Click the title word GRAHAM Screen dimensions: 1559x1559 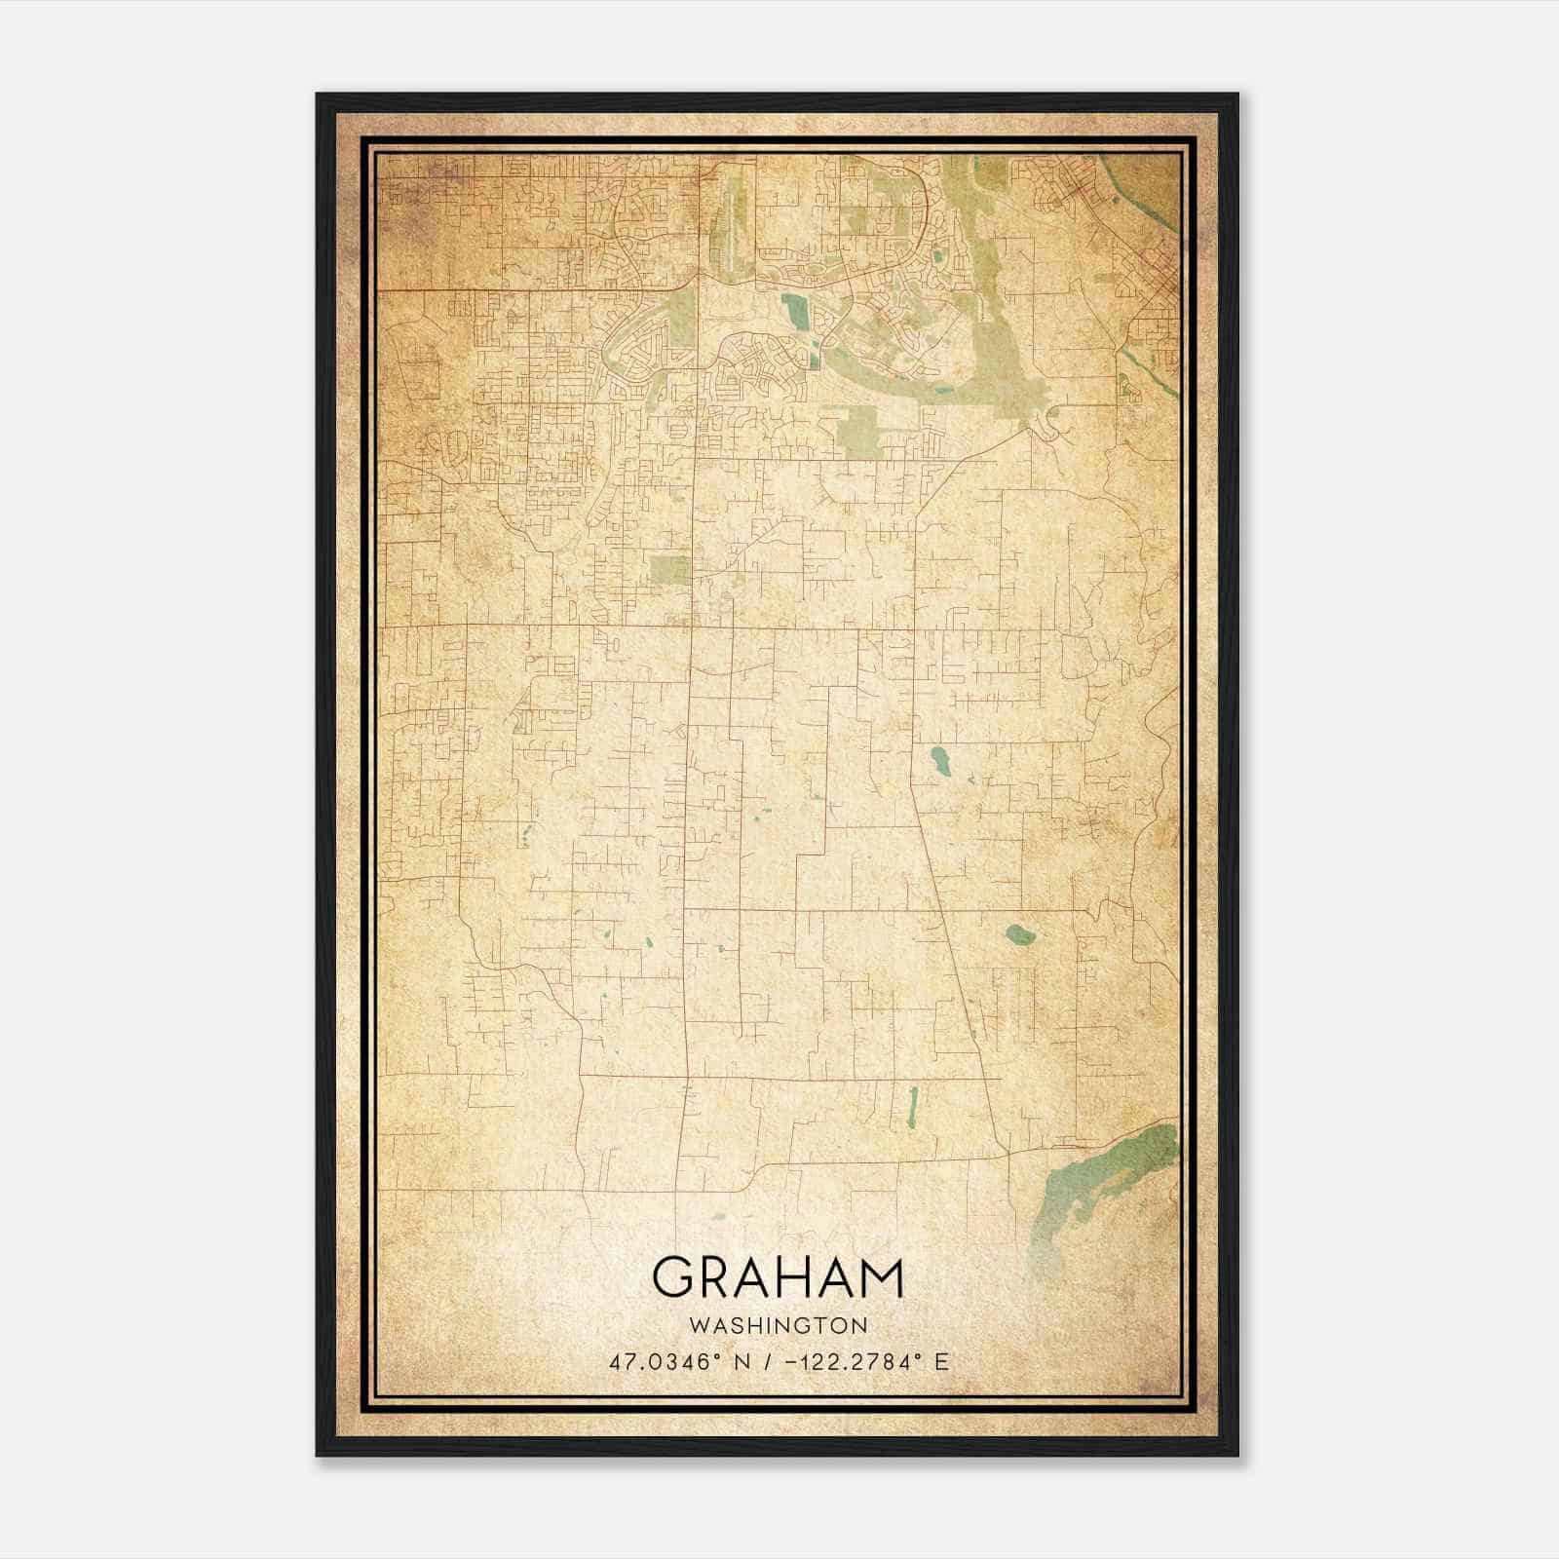pyautogui.click(x=778, y=1277)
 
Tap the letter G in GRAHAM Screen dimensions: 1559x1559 pyautogui.click(x=672, y=1277)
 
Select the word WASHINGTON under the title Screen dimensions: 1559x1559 pyautogui.click(x=778, y=1325)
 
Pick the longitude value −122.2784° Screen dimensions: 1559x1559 pyautogui.click(x=848, y=1362)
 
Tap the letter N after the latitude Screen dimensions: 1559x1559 pyautogui.click(x=741, y=1362)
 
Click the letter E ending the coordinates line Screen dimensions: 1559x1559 pyautogui.click(x=941, y=1362)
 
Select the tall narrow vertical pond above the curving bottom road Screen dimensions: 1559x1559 pyautogui.click(x=912, y=1107)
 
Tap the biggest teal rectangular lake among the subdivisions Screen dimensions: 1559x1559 pyautogui.click(x=797, y=313)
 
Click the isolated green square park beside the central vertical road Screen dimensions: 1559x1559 pyautogui.click(x=670, y=571)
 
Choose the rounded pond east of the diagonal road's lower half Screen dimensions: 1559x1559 pyautogui.click(x=1020, y=935)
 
